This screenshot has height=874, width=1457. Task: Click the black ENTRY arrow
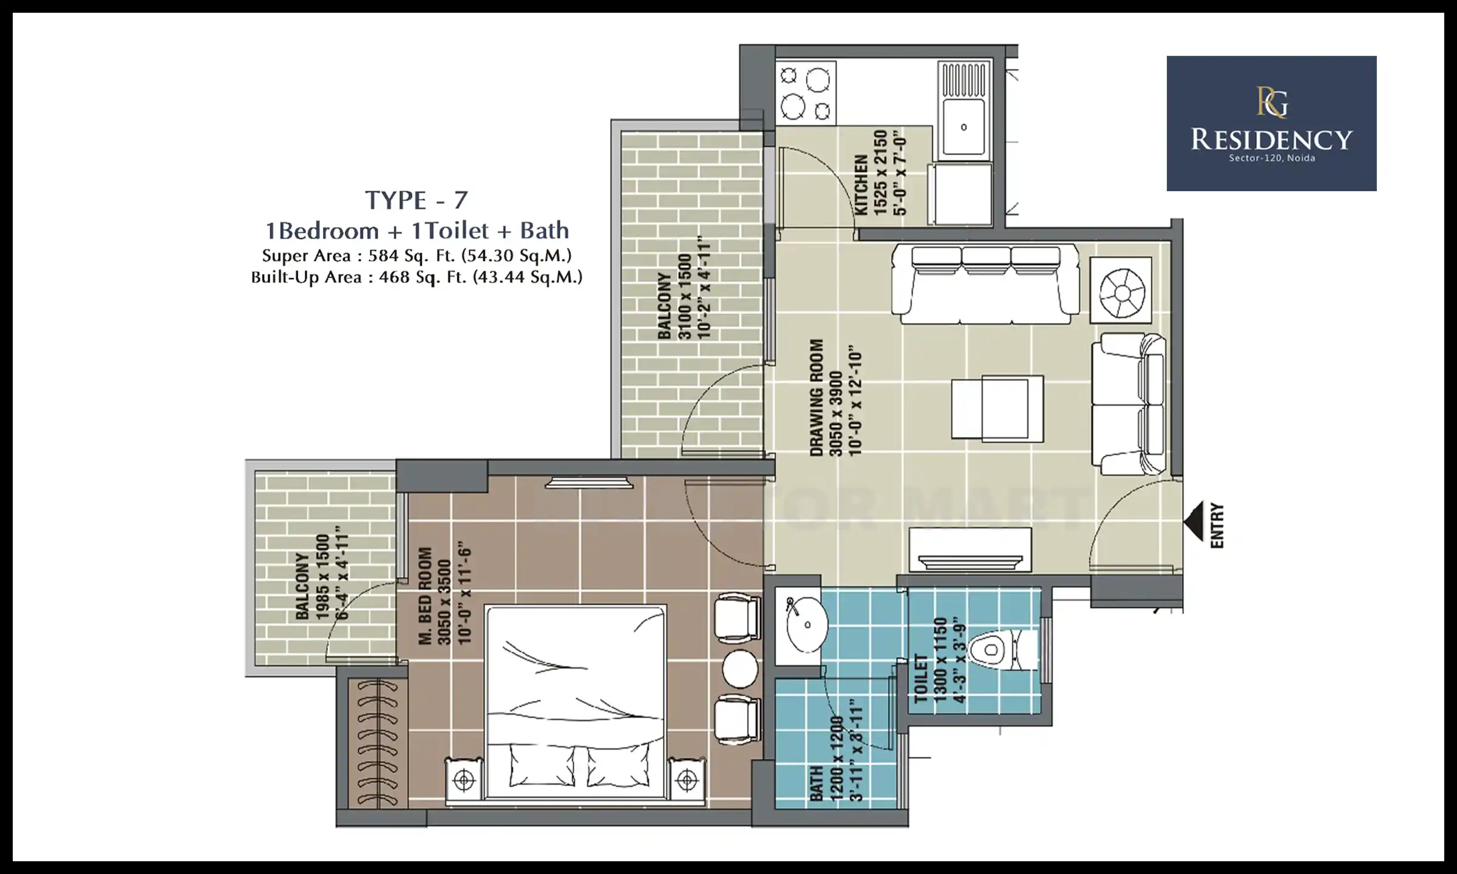(x=1194, y=521)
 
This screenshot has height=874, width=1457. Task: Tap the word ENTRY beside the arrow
(x=1217, y=526)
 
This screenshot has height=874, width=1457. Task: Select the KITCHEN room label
(x=861, y=185)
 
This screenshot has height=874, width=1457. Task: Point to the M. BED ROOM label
(x=425, y=596)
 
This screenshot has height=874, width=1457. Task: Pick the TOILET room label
(x=921, y=679)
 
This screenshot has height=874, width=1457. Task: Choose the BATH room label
(x=816, y=784)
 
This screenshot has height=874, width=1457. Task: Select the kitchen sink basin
(x=963, y=127)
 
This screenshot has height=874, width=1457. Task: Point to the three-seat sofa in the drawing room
(x=985, y=284)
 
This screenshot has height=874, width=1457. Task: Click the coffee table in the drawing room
(x=997, y=407)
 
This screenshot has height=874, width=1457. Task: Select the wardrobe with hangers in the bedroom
(x=378, y=744)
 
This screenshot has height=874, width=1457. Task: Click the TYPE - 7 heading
(x=416, y=200)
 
